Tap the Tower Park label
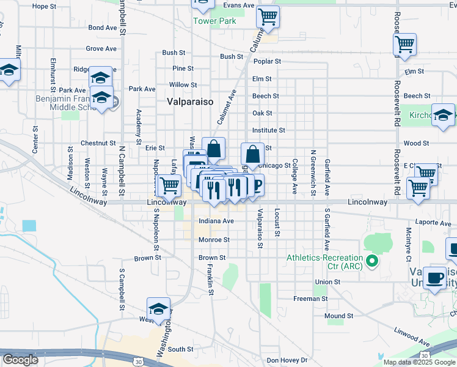pos(214,21)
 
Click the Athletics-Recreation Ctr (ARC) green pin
pos(371,262)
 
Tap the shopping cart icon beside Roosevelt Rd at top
pos(404,45)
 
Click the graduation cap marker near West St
pos(158,308)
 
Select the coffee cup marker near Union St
pos(435,277)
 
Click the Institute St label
pos(269,130)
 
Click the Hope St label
pos(43,6)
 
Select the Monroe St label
pos(214,240)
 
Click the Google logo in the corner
pos(20,360)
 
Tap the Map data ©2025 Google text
pos(420,362)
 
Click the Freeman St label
pos(310,299)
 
